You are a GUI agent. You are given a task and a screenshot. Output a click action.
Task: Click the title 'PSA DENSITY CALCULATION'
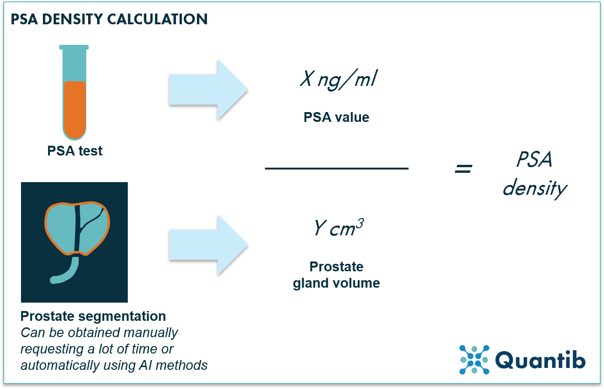[x=109, y=19]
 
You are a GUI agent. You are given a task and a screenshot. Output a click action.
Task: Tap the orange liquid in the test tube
[x=75, y=108]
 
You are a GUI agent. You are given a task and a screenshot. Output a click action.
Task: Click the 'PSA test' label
[x=75, y=151]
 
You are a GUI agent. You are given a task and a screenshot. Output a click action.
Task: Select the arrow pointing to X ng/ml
[x=208, y=89]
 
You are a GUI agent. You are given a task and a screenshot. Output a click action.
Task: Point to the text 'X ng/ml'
[x=338, y=80]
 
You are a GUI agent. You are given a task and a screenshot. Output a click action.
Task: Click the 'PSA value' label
[x=336, y=117]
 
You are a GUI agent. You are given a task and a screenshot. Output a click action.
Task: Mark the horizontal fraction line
[x=336, y=168]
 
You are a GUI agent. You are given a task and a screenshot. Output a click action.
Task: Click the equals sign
[x=463, y=169]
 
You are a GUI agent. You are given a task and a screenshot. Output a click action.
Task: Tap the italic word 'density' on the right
[x=535, y=188]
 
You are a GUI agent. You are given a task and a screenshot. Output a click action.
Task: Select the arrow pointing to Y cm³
[x=208, y=244]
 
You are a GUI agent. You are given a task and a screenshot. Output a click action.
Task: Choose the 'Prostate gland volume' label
[x=336, y=275]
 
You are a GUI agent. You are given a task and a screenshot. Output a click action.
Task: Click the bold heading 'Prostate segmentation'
[x=93, y=316]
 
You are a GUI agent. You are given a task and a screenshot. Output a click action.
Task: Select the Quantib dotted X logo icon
[x=474, y=360]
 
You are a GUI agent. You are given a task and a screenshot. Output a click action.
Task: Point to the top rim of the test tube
[x=74, y=47]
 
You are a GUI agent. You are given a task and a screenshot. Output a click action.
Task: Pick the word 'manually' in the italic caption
[x=150, y=333]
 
